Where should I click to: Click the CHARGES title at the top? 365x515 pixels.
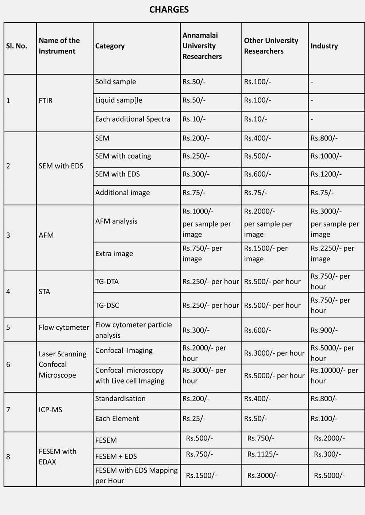click(x=169, y=10)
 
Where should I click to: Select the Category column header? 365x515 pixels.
click(x=110, y=46)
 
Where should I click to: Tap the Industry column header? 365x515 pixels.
click(x=324, y=46)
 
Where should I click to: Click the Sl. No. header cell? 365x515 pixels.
click(x=17, y=46)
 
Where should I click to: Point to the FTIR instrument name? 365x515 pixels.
click(x=46, y=101)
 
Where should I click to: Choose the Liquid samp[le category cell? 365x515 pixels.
click(x=119, y=100)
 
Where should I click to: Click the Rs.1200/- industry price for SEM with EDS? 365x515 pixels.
click(x=326, y=174)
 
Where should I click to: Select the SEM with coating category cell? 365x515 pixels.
click(x=123, y=156)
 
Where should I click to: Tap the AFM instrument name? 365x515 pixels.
click(x=46, y=235)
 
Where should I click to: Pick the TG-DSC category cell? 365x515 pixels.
click(x=107, y=305)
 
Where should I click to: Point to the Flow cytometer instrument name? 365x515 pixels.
click(x=64, y=327)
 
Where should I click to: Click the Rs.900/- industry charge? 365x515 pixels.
click(x=324, y=330)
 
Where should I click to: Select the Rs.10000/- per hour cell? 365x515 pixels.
click(x=334, y=375)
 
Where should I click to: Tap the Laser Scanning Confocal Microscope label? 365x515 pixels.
click(x=62, y=364)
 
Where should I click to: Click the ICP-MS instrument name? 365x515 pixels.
click(x=50, y=410)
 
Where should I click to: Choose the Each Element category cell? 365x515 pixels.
click(x=117, y=419)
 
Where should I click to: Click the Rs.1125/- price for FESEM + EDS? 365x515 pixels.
click(x=263, y=454)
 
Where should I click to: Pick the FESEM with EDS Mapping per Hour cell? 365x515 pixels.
click(x=136, y=475)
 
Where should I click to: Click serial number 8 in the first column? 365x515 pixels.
click(x=8, y=457)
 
